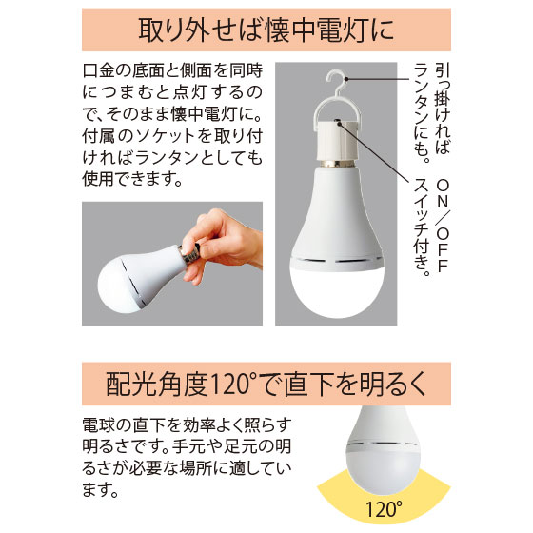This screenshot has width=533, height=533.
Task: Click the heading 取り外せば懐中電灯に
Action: [x=266, y=30]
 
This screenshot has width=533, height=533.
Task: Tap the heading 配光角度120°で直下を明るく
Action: [x=266, y=385]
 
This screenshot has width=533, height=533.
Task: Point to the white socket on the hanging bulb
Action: [x=337, y=141]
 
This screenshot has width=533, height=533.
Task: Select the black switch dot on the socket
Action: [x=338, y=122]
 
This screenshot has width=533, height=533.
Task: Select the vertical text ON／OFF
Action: [x=443, y=226]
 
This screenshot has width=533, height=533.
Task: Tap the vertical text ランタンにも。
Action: [x=422, y=113]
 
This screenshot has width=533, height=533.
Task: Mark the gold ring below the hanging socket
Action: [x=337, y=164]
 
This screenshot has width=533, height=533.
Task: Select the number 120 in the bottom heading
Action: [x=229, y=385]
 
